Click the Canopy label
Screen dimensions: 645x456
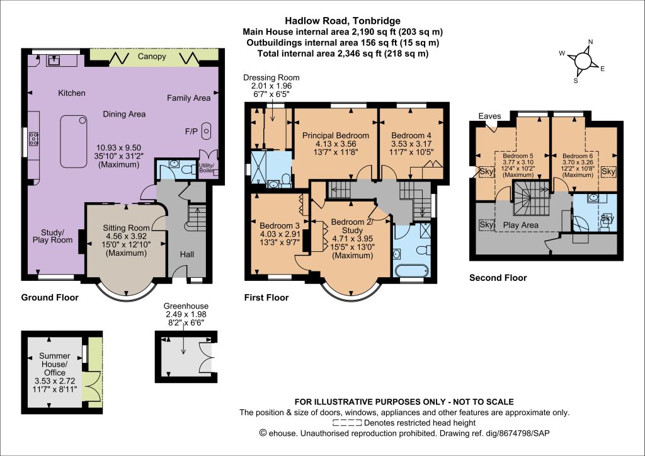click(152, 57)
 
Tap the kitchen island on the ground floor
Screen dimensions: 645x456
click(74, 142)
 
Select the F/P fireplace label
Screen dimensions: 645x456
click(191, 132)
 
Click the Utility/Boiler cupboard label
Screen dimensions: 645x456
click(207, 168)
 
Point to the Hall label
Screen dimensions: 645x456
click(186, 254)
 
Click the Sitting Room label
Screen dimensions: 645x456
click(126, 228)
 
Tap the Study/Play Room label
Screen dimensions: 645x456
click(53, 236)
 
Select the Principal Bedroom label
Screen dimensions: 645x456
click(336, 135)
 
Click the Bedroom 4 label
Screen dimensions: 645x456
click(411, 135)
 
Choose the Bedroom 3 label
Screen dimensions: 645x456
click(280, 225)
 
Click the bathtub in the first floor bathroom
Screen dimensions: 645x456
click(411, 271)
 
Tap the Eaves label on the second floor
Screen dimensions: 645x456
click(489, 117)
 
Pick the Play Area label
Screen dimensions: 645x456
click(521, 225)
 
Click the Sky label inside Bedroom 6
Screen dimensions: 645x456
click(608, 171)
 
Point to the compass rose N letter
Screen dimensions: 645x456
click(591, 42)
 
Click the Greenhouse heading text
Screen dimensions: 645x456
click(186, 306)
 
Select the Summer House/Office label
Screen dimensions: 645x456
click(55, 364)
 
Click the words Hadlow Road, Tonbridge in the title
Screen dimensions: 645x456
click(343, 21)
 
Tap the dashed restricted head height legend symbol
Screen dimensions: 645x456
click(347, 423)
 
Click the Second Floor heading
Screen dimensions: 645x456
click(498, 278)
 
